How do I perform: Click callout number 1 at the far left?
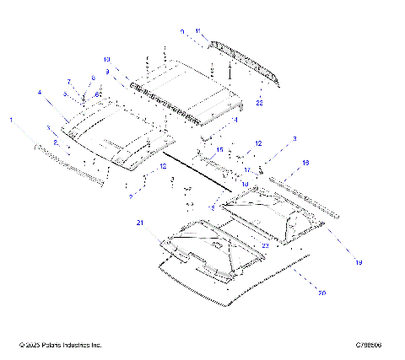point(11,121)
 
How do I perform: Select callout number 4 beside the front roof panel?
point(39,91)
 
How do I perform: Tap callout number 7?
point(70,82)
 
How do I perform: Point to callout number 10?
point(107,60)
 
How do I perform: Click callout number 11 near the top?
point(198,31)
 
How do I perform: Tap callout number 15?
point(219,150)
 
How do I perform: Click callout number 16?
point(305,161)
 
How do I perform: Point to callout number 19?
point(359,263)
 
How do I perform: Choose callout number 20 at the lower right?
point(321,293)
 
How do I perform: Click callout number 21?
point(140,222)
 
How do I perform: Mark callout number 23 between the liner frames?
point(264,245)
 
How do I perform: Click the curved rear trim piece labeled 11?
point(245,61)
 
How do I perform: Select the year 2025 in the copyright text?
point(32,345)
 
